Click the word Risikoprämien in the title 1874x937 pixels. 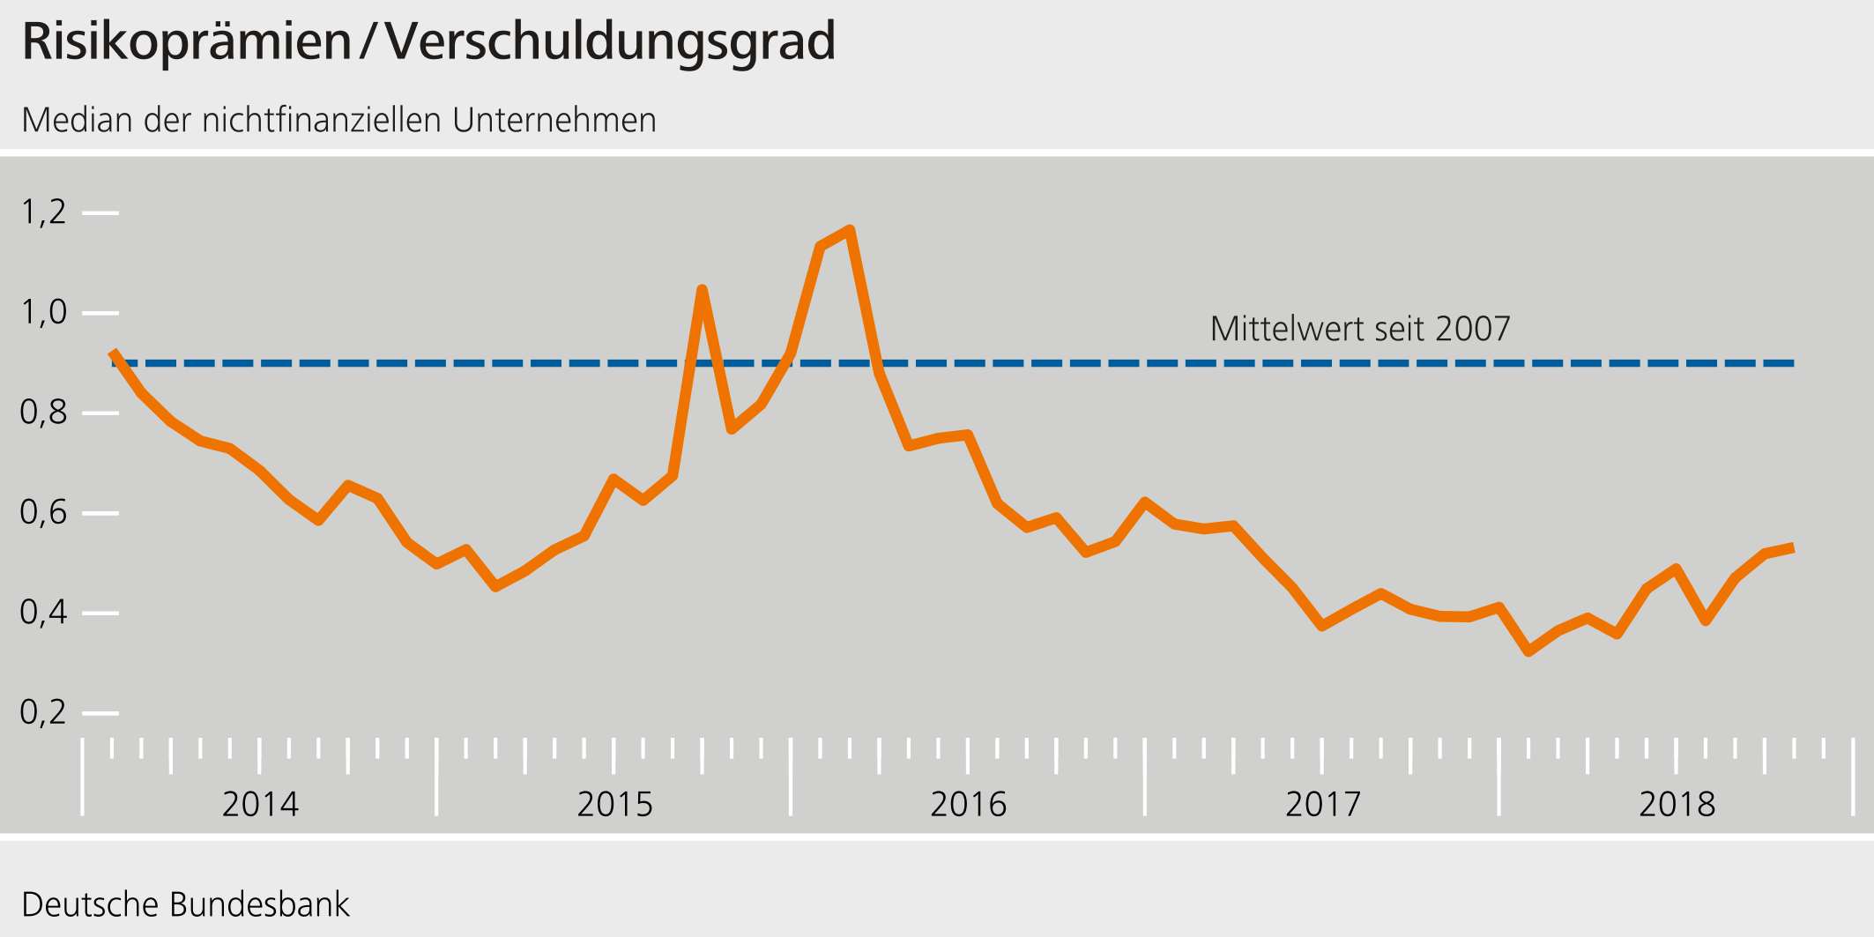click(186, 41)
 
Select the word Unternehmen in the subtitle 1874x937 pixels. click(554, 120)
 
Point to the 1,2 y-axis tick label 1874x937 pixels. click(43, 212)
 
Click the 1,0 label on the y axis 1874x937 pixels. click(43, 312)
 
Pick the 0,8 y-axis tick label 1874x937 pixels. click(43, 413)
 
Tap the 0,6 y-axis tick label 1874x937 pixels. click(43, 512)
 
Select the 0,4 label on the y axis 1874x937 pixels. click(43, 613)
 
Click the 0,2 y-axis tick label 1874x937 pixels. click(43, 712)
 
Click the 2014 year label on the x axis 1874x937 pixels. click(260, 804)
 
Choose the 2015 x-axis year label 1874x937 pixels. click(614, 804)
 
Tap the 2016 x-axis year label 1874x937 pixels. click(968, 804)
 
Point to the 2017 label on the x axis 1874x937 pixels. click(1322, 804)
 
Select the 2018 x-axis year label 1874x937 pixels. click(1677, 804)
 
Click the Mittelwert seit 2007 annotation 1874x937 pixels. click(1359, 329)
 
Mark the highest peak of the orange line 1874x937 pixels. click(850, 230)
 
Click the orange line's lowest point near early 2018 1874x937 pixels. click(1528, 651)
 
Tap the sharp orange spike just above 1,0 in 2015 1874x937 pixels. click(702, 289)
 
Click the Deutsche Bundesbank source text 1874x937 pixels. click(185, 904)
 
